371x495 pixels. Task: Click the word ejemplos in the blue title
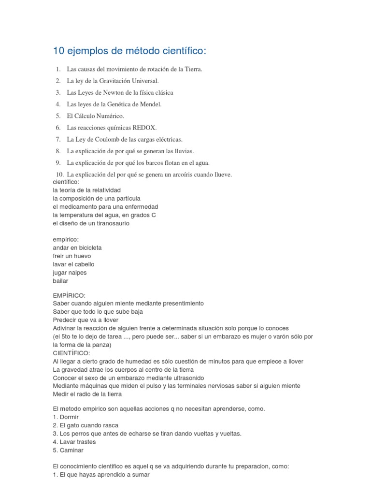[86, 51]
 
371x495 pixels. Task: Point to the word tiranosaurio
[112, 223]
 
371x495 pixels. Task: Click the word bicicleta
[87, 247]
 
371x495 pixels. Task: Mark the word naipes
[77, 273]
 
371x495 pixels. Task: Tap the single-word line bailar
[60, 281]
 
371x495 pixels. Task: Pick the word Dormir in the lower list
[69, 417]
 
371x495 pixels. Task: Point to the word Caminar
[71, 450]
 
